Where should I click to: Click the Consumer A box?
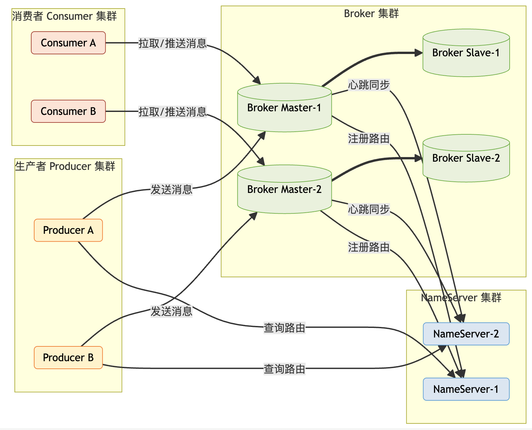tap(68, 43)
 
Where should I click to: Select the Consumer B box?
tap(68, 111)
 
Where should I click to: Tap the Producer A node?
tap(68, 230)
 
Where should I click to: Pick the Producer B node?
tap(68, 358)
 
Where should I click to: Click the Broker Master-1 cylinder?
tap(284, 108)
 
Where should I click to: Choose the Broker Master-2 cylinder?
tap(284, 189)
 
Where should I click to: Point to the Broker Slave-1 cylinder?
tap(466, 53)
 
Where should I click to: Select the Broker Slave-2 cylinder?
tap(466, 158)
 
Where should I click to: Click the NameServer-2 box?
tap(466, 334)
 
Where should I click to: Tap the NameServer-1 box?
tap(466, 389)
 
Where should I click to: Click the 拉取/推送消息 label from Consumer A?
tap(172, 43)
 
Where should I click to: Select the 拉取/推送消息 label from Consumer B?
tap(172, 112)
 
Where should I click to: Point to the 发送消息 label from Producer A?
tap(171, 189)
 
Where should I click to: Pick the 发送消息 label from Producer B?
tap(171, 311)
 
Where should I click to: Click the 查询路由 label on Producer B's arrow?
tap(284, 369)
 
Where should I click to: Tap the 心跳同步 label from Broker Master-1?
tap(369, 85)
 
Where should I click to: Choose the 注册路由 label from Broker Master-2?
tap(369, 247)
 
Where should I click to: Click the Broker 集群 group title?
tap(371, 14)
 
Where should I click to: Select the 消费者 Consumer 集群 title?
tap(64, 16)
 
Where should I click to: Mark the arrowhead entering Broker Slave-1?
tap(419, 53)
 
